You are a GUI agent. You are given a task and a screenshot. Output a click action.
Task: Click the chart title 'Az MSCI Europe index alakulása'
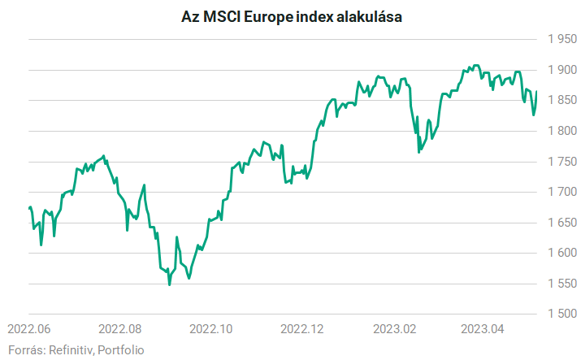click(291, 16)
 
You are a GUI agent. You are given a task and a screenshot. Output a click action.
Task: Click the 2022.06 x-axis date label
click(29, 329)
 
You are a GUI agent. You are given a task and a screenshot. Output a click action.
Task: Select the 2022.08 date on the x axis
click(120, 329)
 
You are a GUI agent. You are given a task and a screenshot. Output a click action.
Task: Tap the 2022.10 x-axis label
click(211, 329)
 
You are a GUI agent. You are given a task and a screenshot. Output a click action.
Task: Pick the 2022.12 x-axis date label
click(302, 329)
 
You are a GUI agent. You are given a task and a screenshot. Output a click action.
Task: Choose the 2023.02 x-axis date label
click(393, 329)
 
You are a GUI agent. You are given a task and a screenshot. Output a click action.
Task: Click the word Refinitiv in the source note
click(72, 349)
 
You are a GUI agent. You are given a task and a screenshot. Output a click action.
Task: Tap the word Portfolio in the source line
click(121, 349)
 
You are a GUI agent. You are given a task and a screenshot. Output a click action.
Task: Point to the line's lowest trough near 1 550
click(169, 284)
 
